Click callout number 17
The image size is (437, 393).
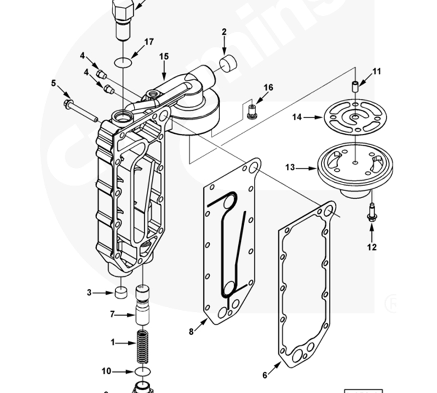pyautogui.click(x=149, y=41)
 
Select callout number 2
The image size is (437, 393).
pyautogui.click(x=224, y=32)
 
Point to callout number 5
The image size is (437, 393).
pyautogui.click(x=54, y=83)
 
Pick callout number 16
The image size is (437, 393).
pyautogui.click(x=268, y=88)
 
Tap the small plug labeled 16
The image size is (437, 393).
pyautogui.click(x=252, y=112)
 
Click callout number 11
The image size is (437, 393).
pyautogui.click(x=377, y=72)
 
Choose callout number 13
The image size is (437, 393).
pyautogui.click(x=290, y=168)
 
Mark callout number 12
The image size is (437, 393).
pyautogui.click(x=372, y=247)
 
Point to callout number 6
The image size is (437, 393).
pyautogui.click(x=265, y=375)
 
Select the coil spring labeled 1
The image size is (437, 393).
pyautogui.click(x=142, y=345)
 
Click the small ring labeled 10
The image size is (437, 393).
pyautogui.click(x=142, y=372)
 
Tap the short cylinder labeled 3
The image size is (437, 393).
pyautogui.click(x=120, y=292)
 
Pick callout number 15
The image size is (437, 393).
pyautogui.click(x=164, y=56)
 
